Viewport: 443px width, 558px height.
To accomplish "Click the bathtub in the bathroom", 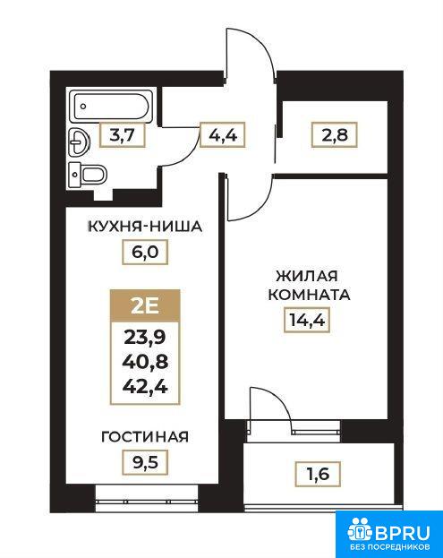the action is coord(111,106).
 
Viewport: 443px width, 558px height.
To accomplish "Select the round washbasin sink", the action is coord(79,142).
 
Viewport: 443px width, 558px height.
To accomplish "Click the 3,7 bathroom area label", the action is coord(123,135).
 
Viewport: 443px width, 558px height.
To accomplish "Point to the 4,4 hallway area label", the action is coord(223,135).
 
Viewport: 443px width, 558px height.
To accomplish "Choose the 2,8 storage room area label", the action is coord(334,135).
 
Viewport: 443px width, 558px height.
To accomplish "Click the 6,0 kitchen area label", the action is coord(145,252).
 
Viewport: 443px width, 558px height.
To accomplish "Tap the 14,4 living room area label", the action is coord(307,320).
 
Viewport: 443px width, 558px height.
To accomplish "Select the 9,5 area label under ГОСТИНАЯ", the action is coord(145,462).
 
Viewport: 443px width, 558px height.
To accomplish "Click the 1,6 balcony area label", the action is coord(319,474).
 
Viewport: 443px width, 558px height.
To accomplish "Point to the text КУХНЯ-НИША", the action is coord(145,227).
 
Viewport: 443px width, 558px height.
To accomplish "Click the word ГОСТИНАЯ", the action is coord(145,437).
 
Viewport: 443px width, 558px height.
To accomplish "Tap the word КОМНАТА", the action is coord(309,295).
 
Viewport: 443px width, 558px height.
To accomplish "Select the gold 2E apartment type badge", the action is coord(145,306).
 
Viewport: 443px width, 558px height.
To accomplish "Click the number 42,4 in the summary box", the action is coord(145,387).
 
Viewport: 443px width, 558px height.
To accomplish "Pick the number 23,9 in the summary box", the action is coord(145,337).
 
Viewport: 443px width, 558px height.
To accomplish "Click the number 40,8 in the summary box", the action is coord(145,362).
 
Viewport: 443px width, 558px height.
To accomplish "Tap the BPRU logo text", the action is coord(402,533).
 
